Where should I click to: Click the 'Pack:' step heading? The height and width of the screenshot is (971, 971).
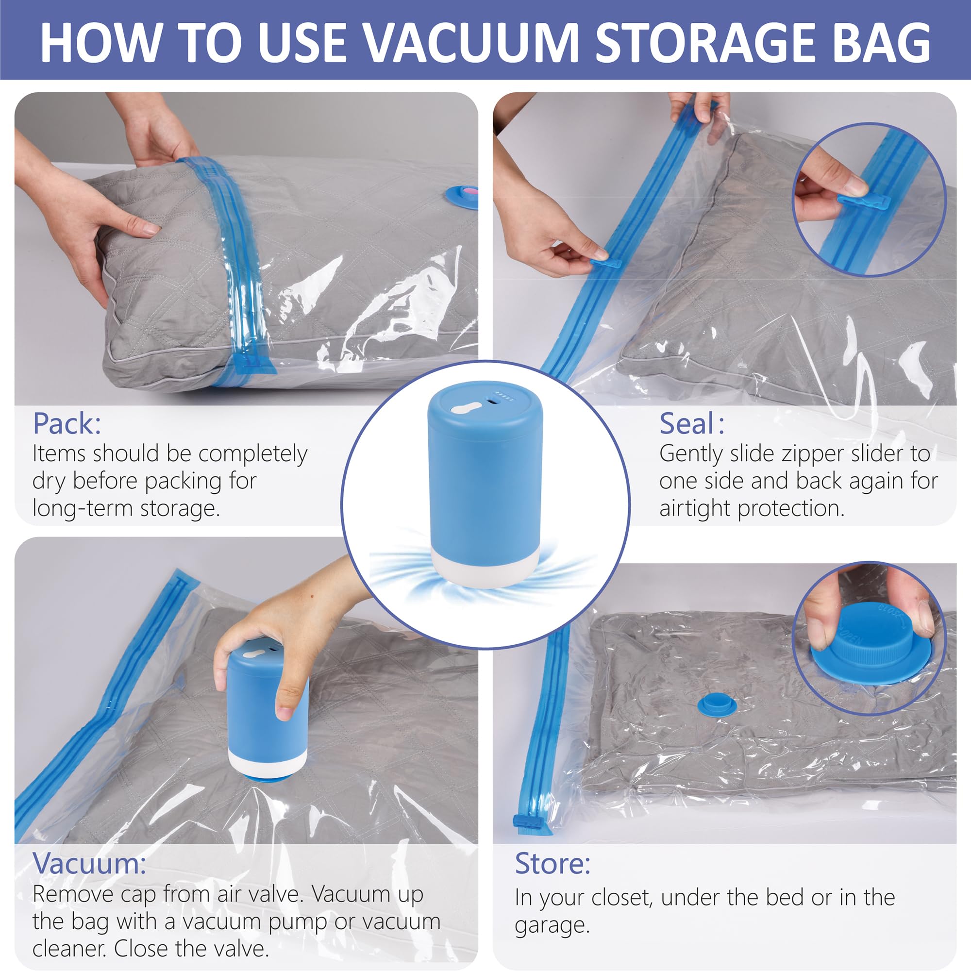click(67, 424)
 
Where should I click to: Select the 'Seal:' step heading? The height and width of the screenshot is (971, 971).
click(691, 424)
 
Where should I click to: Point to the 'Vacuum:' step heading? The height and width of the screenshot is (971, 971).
click(89, 863)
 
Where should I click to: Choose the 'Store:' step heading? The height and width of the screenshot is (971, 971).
click(552, 863)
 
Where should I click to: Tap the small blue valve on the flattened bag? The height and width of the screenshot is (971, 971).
click(717, 705)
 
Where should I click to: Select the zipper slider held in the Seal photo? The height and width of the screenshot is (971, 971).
click(605, 263)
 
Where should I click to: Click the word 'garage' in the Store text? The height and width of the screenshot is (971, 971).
click(552, 925)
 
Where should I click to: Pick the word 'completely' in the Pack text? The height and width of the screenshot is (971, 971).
click(253, 454)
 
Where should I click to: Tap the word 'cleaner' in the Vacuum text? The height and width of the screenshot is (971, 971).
click(69, 948)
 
